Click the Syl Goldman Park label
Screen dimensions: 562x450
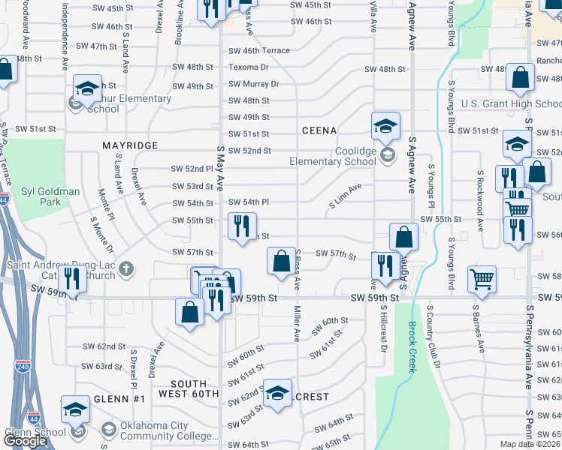[x=51, y=196]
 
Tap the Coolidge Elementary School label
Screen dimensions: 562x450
[x=334, y=156]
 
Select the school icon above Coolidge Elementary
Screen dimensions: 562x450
[x=385, y=126]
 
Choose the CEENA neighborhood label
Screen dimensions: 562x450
[x=319, y=130]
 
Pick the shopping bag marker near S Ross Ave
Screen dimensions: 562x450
[x=281, y=262]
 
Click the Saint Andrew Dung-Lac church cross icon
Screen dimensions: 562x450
[x=128, y=267]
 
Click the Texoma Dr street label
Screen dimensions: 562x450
[x=249, y=67]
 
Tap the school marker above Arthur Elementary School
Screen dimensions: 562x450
[x=87, y=88]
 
